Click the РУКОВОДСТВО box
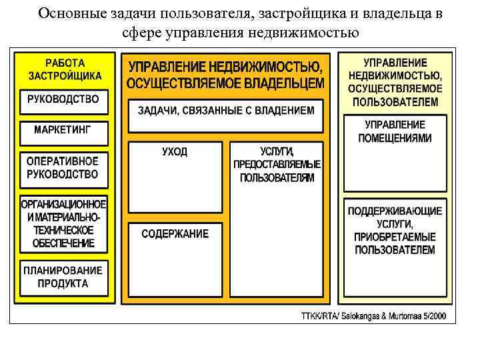(x=63, y=99)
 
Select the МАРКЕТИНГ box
(x=62, y=130)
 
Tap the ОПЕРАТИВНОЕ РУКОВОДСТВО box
(x=63, y=168)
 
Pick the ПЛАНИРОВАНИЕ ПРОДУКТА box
(x=63, y=277)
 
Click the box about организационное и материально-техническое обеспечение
(x=63, y=223)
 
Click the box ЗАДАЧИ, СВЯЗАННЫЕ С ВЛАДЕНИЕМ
(x=225, y=111)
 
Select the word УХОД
(x=175, y=152)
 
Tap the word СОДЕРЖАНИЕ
(x=175, y=234)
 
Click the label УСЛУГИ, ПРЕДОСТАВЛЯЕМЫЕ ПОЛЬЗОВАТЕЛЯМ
(x=277, y=165)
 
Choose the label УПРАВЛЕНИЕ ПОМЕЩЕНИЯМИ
(x=395, y=131)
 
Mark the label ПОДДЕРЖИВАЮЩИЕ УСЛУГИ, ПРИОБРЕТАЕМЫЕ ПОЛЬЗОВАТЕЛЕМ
(x=395, y=230)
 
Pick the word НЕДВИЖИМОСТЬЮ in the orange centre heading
(x=270, y=67)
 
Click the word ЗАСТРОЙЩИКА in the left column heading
(x=65, y=76)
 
